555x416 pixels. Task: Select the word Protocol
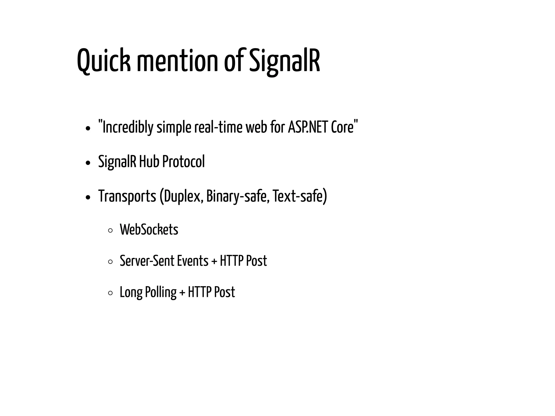[x=183, y=162]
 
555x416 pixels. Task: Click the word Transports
[x=127, y=196]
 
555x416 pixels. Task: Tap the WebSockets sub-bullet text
[x=149, y=230]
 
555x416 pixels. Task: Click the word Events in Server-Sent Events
[x=193, y=261]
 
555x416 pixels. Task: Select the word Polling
[x=161, y=292]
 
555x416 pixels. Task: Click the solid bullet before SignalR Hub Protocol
[x=87, y=163]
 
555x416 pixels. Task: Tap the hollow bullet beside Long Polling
[x=110, y=293]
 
